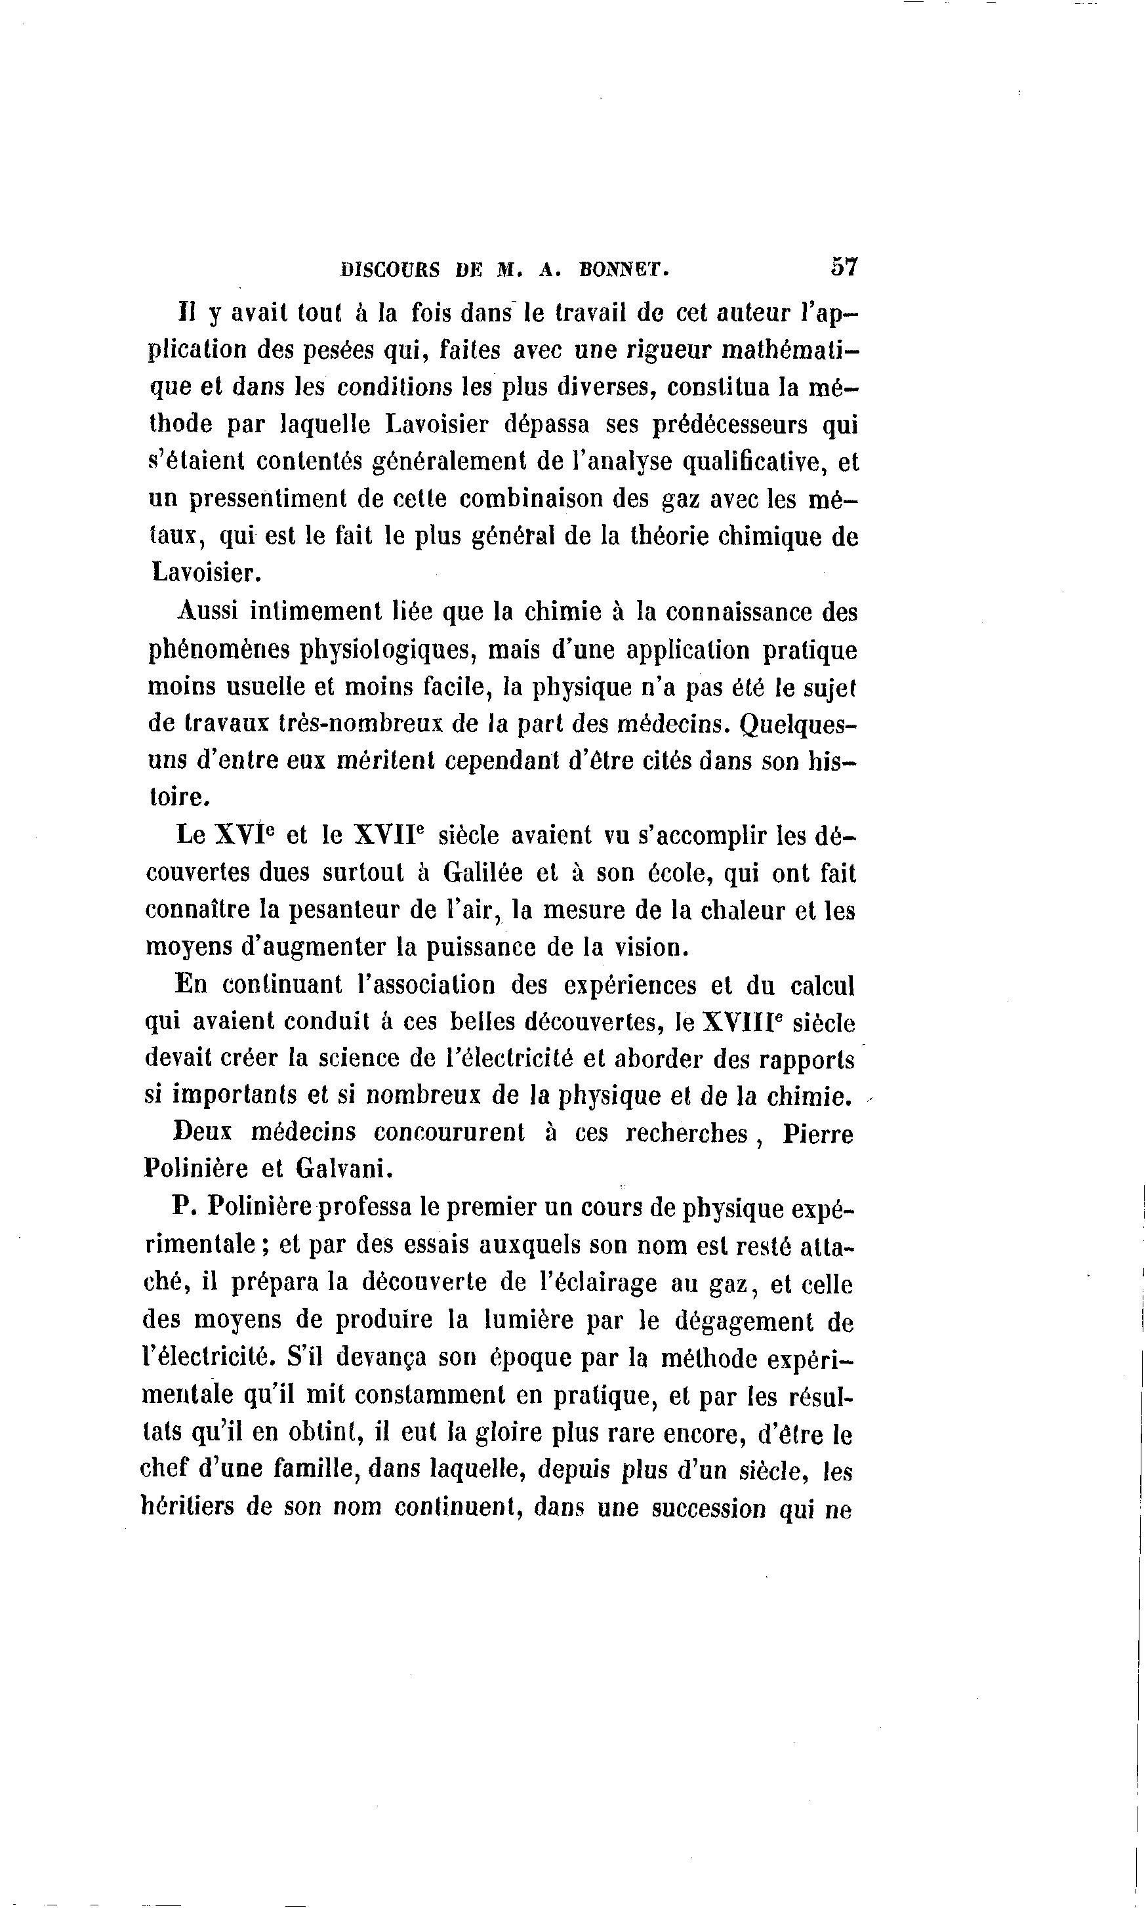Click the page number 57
pyautogui.click(x=844, y=266)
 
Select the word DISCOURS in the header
pyautogui.click(x=390, y=270)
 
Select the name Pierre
pyautogui.click(x=817, y=1134)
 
